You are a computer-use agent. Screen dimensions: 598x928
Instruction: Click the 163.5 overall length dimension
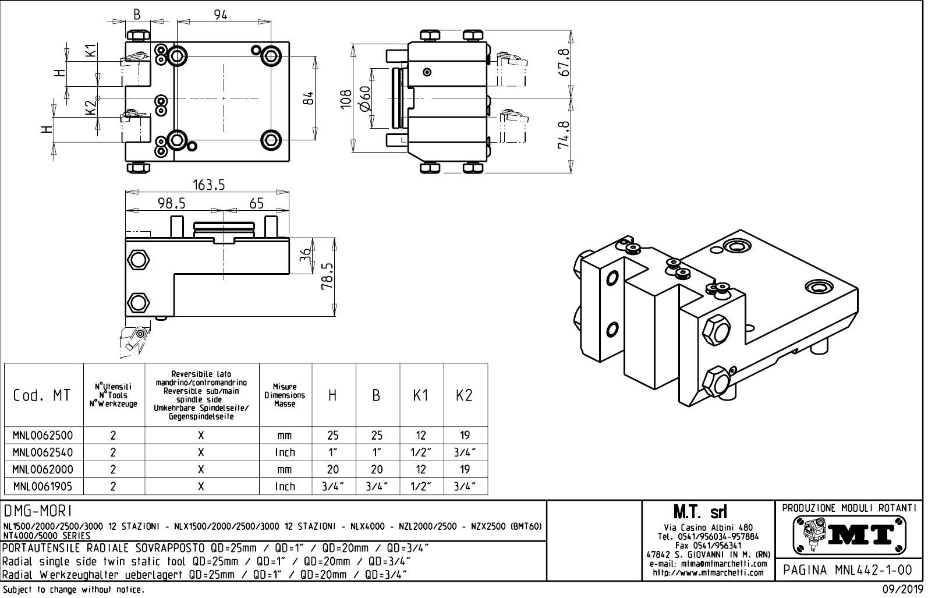tap(208, 185)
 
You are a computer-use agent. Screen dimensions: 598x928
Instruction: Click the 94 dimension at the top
tap(220, 15)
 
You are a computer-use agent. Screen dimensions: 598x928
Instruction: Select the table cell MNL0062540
tap(43, 452)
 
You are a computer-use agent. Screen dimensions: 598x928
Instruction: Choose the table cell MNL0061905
tap(43, 486)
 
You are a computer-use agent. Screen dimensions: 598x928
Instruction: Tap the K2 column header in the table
tap(464, 395)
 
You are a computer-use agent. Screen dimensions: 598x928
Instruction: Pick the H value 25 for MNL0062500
tap(332, 436)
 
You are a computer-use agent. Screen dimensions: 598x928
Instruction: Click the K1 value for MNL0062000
tap(420, 469)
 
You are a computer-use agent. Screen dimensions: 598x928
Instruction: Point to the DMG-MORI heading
tap(38, 511)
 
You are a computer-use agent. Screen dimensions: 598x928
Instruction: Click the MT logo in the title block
tap(849, 535)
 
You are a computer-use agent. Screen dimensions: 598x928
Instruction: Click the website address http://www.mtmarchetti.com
tap(707, 573)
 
